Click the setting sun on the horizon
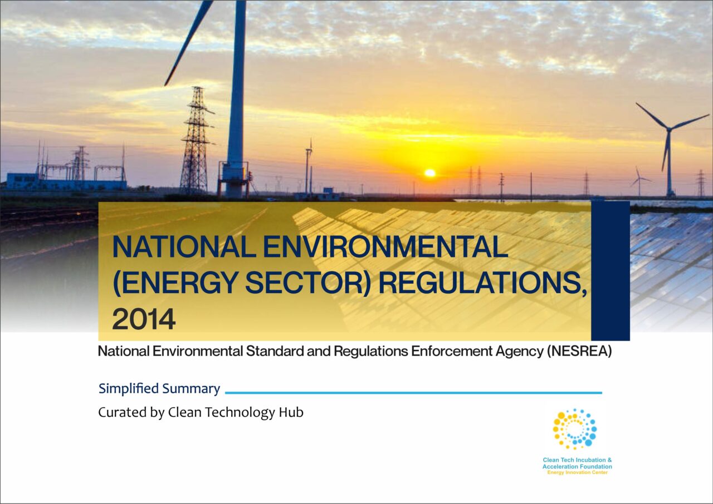point(430,173)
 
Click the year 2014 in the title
point(144,319)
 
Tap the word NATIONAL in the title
point(184,247)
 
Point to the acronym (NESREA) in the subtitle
point(579,351)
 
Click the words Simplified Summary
point(159,388)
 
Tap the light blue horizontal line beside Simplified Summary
point(413,393)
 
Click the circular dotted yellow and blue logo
point(575,429)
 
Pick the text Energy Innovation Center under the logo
point(578,472)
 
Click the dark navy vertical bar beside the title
point(610,271)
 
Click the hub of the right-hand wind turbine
point(669,129)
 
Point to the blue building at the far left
point(66,182)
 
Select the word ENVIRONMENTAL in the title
point(385,247)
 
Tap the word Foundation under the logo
point(594,467)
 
